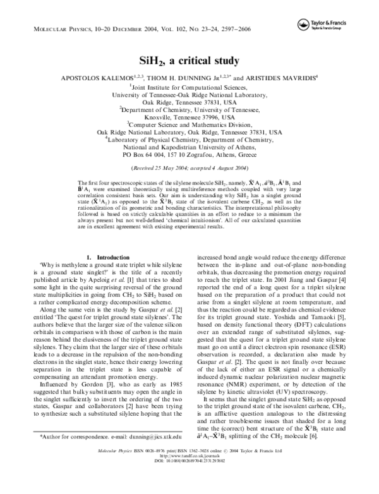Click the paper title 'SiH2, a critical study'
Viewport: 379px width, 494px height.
[189, 61]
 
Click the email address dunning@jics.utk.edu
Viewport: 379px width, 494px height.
[151, 454]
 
